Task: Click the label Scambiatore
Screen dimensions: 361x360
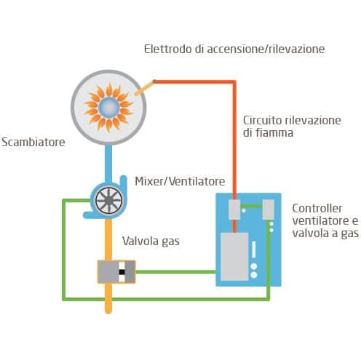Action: click(x=33, y=142)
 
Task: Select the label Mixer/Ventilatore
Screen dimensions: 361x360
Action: click(x=180, y=181)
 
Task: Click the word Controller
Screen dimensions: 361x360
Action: click(x=317, y=208)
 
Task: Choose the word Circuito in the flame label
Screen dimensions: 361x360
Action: click(x=262, y=120)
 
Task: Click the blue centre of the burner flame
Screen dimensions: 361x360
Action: click(x=109, y=107)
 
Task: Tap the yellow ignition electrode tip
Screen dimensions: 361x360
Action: click(x=144, y=89)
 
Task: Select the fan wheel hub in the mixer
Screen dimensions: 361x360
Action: click(x=108, y=200)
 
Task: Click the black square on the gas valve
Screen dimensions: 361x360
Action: click(x=122, y=272)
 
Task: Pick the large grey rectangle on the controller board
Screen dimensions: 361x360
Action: click(x=234, y=257)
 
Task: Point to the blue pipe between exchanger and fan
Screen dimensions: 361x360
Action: click(x=108, y=164)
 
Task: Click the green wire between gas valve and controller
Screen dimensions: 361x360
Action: click(x=175, y=272)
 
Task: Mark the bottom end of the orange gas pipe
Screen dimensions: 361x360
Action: click(x=108, y=312)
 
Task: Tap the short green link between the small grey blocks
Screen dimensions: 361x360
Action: click(x=251, y=207)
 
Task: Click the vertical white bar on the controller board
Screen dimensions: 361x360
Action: click(x=254, y=249)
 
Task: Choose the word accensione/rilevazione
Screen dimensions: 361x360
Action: click(x=266, y=49)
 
